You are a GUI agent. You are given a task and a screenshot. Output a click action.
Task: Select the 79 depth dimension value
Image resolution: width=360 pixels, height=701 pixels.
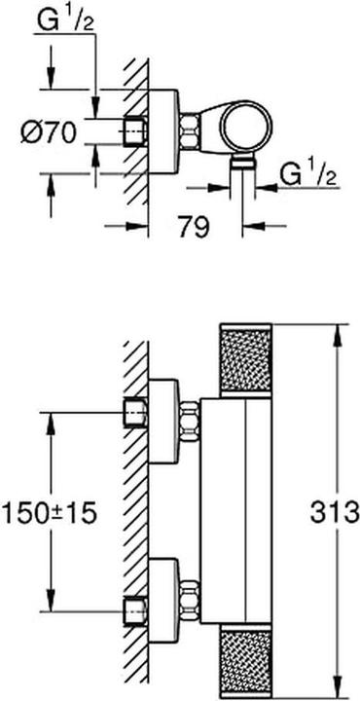[x=194, y=229]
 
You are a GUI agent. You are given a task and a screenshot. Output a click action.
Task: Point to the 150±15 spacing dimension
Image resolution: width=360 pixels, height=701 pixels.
[x=51, y=510]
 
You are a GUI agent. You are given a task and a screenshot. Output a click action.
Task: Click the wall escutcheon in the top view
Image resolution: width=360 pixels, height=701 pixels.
[x=164, y=130]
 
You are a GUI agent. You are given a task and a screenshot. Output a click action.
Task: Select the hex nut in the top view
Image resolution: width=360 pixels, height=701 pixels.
[x=192, y=130]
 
